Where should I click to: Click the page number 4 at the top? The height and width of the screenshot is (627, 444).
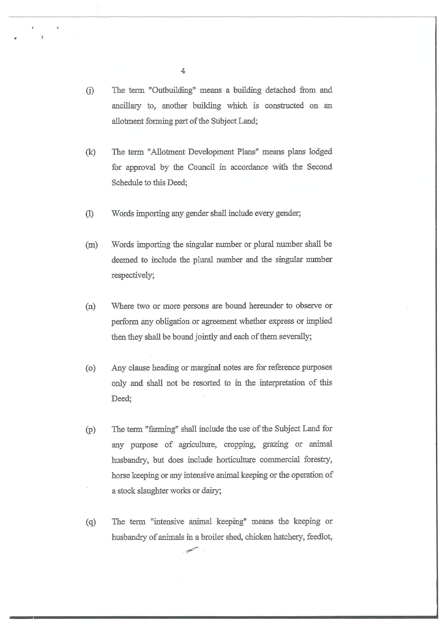[x=183, y=71]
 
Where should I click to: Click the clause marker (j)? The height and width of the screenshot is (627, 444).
[x=90, y=90]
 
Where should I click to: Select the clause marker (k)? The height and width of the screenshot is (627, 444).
[x=90, y=152]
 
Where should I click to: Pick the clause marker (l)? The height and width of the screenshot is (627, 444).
[x=89, y=214]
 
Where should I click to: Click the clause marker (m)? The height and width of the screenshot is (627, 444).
[x=91, y=245]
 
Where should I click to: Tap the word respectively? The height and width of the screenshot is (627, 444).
[x=133, y=275]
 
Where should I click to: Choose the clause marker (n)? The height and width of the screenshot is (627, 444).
[x=90, y=306]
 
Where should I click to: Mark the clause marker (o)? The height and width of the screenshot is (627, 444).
[x=90, y=368]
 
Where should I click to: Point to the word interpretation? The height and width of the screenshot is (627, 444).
[x=282, y=383]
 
